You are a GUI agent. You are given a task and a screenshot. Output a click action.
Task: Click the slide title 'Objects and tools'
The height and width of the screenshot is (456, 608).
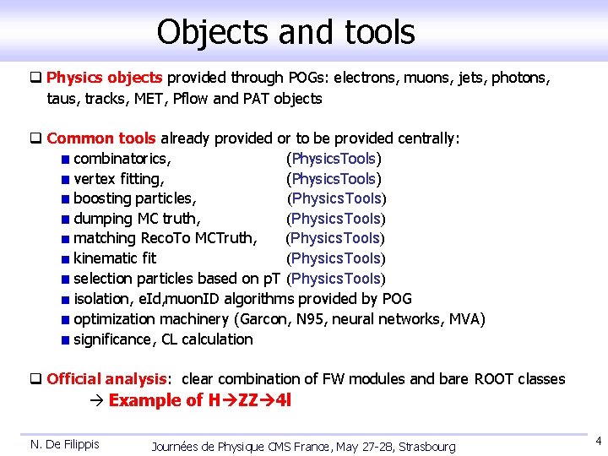(x=285, y=32)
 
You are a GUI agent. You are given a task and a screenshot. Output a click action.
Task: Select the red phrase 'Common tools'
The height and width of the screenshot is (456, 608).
(x=101, y=138)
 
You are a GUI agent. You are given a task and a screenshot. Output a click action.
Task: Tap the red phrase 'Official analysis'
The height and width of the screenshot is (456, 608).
(x=107, y=379)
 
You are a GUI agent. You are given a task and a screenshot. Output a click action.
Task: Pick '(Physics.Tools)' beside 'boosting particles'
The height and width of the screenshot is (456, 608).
(x=337, y=199)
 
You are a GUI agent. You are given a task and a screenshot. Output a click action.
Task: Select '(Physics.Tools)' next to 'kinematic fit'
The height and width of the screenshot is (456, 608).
(x=335, y=258)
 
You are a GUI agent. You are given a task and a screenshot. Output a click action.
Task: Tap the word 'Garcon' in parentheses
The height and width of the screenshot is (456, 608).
(x=264, y=319)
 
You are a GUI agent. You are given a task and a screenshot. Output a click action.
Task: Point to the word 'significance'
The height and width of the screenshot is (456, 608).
(x=112, y=339)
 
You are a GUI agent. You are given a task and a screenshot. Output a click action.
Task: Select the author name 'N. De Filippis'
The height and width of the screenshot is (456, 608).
(x=65, y=444)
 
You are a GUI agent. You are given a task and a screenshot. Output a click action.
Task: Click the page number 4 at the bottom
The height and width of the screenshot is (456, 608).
(x=598, y=441)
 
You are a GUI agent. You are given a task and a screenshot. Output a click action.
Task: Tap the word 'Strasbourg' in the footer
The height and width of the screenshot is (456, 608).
(x=426, y=446)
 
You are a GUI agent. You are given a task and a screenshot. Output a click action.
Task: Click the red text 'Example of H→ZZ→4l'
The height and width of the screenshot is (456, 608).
(x=200, y=400)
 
